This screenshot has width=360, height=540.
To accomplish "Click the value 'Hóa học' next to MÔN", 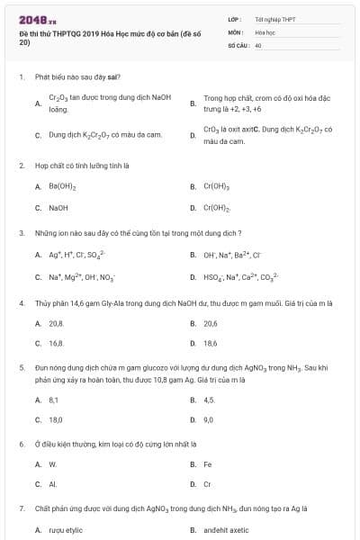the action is (x=265, y=31).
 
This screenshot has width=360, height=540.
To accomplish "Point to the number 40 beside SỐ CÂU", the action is (x=258, y=44).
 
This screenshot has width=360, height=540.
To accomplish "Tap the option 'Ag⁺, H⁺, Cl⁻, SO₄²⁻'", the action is (x=77, y=254).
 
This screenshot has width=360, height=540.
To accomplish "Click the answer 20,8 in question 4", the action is (x=56, y=322).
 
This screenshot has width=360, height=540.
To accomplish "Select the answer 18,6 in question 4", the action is (x=211, y=343).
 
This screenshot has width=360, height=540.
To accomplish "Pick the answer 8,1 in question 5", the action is (x=54, y=399).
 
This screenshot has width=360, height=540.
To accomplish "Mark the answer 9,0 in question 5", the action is (x=209, y=419).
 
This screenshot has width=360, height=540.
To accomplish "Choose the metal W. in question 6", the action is (x=53, y=464).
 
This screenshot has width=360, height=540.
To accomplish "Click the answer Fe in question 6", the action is (x=208, y=464).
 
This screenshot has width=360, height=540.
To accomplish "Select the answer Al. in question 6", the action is (x=52, y=484).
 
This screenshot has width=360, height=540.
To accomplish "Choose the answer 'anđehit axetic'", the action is (x=227, y=530).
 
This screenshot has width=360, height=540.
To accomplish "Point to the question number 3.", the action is (x=22, y=232).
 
